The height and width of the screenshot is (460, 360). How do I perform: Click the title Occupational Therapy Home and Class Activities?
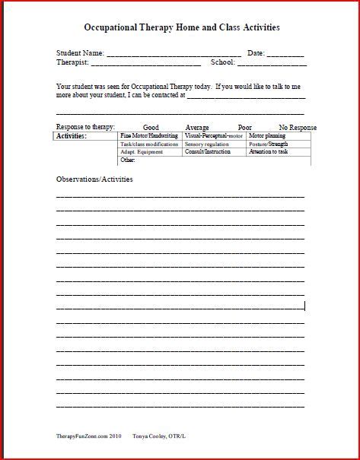click(x=180, y=27)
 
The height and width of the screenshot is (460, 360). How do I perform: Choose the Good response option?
click(x=151, y=128)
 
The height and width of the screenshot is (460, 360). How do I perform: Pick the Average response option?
click(x=197, y=128)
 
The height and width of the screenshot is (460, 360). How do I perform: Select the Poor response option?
click(x=245, y=128)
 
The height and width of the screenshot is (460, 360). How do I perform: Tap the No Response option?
click(x=298, y=128)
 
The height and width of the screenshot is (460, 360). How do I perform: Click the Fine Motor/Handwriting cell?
click(x=150, y=135)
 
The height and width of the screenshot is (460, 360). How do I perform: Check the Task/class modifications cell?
click(x=150, y=144)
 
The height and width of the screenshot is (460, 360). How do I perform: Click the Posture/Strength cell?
click(x=269, y=144)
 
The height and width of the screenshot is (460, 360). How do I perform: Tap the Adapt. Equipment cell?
click(x=142, y=152)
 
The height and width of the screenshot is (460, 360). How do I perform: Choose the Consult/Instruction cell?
click(x=208, y=152)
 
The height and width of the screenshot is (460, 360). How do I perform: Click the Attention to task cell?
click(x=269, y=152)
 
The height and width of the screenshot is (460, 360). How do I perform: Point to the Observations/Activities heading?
click(x=94, y=179)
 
